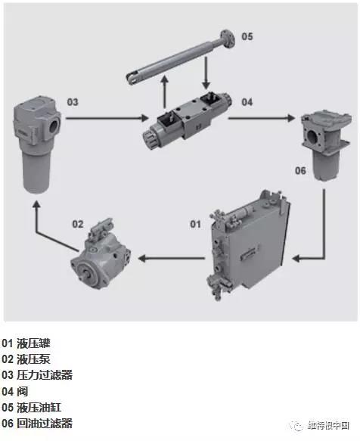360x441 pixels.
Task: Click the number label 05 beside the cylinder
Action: [247, 36]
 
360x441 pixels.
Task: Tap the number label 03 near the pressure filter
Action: [73, 102]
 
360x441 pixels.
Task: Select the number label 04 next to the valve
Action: [247, 102]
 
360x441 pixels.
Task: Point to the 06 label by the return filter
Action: [300, 170]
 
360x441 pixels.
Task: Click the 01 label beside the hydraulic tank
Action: [195, 224]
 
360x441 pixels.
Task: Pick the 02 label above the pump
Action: [78, 224]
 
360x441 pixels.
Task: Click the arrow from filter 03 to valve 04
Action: [107, 118]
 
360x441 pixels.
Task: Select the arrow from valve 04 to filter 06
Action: [261, 118]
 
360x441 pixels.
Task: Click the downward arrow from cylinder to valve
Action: [206, 73]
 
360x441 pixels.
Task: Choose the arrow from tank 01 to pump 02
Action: [171, 258]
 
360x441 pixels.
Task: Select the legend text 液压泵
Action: [33, 359]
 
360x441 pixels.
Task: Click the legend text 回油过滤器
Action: [45, 424]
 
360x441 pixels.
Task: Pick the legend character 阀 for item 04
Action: [23, 391]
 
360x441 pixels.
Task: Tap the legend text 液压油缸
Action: [39, 408]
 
